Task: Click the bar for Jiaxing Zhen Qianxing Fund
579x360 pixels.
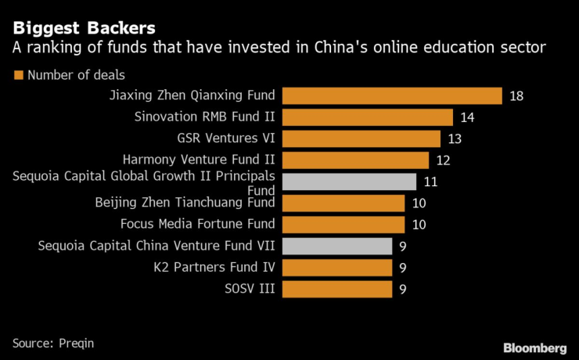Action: coord(391,96)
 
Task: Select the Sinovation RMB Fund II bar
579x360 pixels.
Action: coord(367,117)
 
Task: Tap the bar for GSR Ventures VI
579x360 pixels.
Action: coord(361,139)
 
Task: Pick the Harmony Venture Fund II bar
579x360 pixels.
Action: coord(355,160)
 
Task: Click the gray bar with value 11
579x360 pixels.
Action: coord(349,182)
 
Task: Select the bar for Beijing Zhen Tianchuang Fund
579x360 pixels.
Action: coord(343,203)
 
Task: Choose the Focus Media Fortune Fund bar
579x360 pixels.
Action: coord(343,225)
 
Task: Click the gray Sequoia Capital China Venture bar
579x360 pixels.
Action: coord(336,247)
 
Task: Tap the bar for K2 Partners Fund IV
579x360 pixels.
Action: coord(336,268)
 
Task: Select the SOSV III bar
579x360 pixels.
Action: coord(336,289)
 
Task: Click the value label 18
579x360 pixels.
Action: coord(516,96)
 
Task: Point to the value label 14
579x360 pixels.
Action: coord(467,117)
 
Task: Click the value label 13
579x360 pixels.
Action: coord(455,139)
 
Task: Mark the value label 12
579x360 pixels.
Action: coord(443,160)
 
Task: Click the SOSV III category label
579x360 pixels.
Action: coord(250,289)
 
